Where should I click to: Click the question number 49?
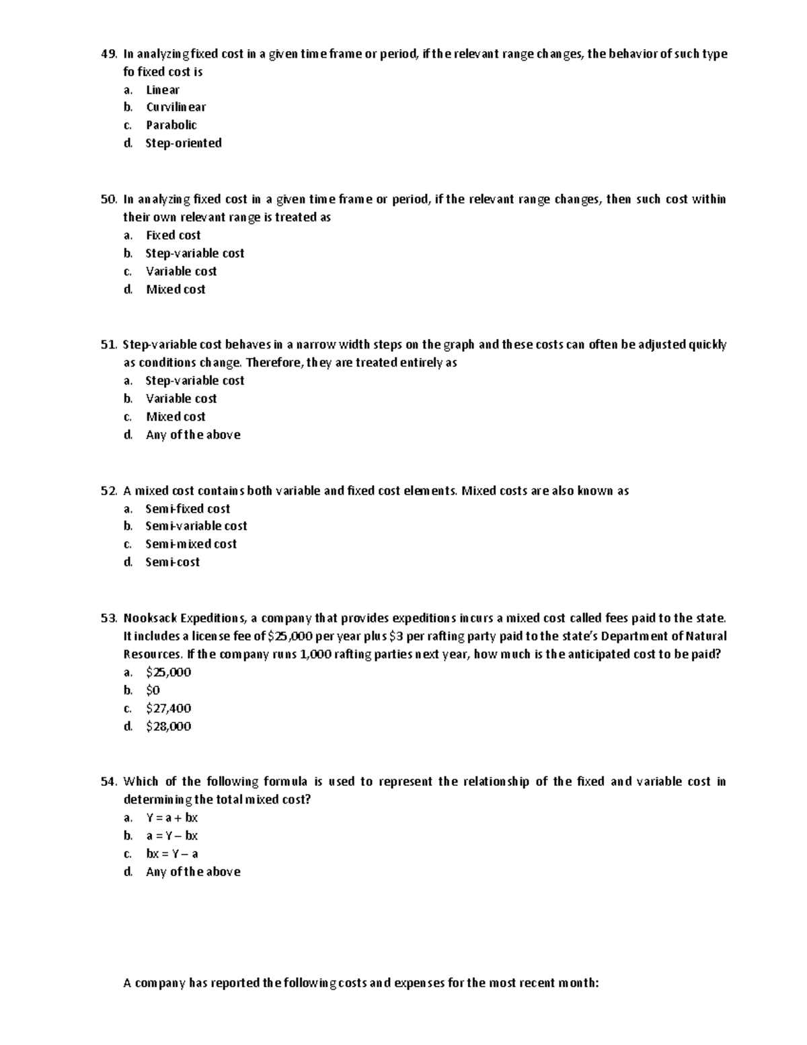[x=109, y=54]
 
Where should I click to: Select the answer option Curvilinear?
[x=176, y=107]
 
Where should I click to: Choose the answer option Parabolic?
[x=171, y=125]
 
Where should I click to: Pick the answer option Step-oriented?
[x=183, y=143]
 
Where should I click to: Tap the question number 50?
[x=109, y=199]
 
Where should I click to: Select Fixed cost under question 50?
[x=173, y=236]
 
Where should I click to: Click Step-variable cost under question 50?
[x=194, y=254]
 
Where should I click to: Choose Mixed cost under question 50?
[x=175, y=289]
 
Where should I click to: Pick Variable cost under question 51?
[x=181, y=399]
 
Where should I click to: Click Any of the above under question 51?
[x=192, y=435]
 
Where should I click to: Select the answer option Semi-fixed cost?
[x=187, y=509]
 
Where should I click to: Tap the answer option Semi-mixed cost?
[x=190, y=544]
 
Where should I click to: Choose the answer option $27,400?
[x=168, y=709]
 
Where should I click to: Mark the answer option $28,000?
[x=168, y=727]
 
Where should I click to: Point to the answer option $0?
[x=153, y=690]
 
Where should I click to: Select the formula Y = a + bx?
[x=171, y=818]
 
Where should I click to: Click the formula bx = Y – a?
[x=171, y=854]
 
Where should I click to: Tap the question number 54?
[x=109, y=782]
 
